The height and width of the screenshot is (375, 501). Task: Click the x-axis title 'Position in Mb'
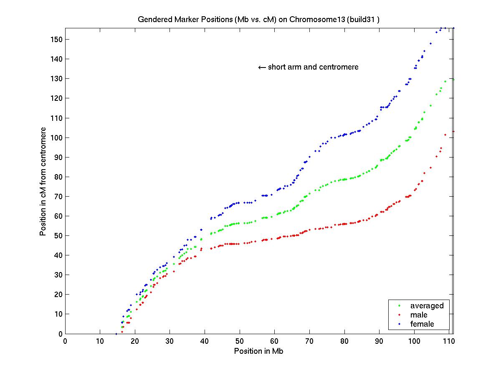coord(259,351)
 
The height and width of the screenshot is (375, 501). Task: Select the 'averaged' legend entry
coord(427,306)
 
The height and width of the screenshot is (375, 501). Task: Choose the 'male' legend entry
coord(419,315)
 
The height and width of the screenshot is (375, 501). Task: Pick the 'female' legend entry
coord(422,324)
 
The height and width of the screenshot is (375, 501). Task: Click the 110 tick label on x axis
coord(448,342)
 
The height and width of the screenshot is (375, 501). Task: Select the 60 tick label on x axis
coord(274,342)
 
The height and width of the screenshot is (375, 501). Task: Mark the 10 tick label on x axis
coord(100,342)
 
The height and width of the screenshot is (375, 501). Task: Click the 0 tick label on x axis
coord(65,342)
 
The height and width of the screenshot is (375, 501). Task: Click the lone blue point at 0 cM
coord(116,334)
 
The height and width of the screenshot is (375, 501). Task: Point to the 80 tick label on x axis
coord(344,342)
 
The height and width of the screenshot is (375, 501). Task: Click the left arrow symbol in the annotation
coord(262,67)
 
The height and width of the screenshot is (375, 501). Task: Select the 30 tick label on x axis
coord(170,342)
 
